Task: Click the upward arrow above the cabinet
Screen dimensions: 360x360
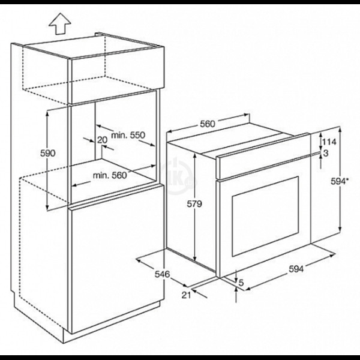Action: click(x=59, y=23)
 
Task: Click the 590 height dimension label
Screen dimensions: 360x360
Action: click(x=48, y=153)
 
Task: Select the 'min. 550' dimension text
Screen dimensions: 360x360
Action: click(x=128, y=135)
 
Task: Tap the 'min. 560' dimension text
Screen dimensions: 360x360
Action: click(x=110, y=176)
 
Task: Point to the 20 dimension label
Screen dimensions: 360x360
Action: click(x=102, y=140)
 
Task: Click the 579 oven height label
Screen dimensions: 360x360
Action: click(x=194, y=203)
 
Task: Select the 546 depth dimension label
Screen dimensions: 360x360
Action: click(x=162, y=274)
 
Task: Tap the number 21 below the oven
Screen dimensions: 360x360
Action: click(x=186, y=295)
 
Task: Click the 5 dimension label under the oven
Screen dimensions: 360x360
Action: click(x=241, y=283)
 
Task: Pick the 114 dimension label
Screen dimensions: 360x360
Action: click(x=329, y=142)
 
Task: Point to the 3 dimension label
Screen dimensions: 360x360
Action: click(x=326, y=153)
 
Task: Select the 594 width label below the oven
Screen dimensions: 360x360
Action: click(x=296, y=269)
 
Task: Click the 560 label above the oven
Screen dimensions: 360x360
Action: click(x=208, y=124)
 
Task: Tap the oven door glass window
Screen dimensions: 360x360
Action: click(x=265, y=217)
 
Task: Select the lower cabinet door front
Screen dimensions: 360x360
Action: click(x=116, y=259)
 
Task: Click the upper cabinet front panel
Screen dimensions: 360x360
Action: click(x=116, y=75)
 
